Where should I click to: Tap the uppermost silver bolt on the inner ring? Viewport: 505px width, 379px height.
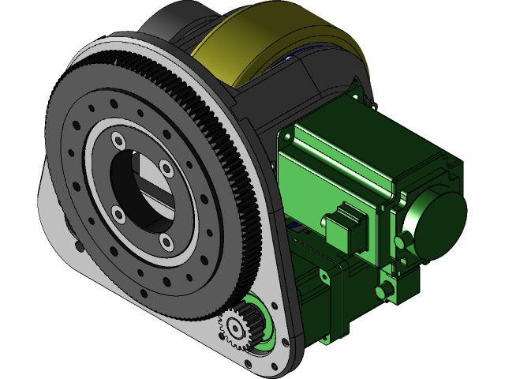click(118, 141)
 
